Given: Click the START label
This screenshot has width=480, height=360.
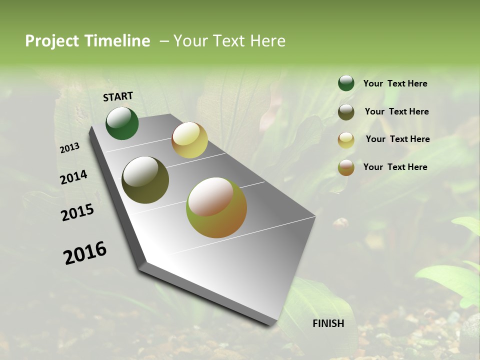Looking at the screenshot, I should pos(118,96).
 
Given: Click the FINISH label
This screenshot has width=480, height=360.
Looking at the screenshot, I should pos(328,323).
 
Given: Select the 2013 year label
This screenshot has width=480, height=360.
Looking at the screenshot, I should pos(70,147).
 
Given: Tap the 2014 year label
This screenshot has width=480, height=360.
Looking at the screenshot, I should pos(73,177).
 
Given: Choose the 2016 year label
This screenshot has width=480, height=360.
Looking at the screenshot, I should pos(85,252).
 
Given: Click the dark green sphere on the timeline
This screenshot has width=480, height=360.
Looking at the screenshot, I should pos(122,123).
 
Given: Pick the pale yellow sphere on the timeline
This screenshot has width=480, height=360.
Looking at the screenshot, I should pos(189,140).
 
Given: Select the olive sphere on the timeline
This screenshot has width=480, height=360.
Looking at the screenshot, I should pos(145,180).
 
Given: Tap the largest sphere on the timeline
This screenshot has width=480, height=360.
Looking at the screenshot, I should pos(216,207).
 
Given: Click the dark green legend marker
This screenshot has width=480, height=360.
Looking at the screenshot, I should pos(346,83).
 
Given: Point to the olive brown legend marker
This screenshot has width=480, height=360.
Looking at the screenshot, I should pos(346,112).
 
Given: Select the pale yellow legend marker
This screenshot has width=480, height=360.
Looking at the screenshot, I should pos(346,139).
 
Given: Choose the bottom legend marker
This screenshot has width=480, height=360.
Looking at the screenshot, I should pos(346,167).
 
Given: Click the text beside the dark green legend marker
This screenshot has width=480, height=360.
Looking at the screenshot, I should pos(395,83).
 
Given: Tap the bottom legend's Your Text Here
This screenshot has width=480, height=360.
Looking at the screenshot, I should pos(395,167).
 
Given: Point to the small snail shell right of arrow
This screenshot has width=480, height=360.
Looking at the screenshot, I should pos(341,223).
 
